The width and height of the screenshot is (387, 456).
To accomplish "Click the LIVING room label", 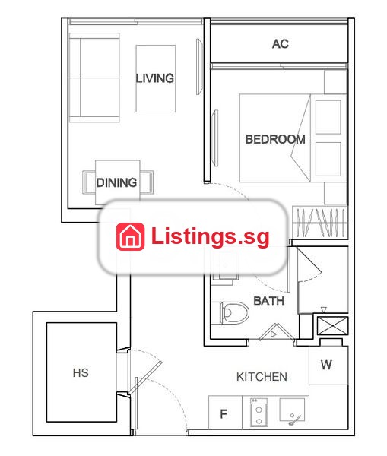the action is pyautogui.click(x=155, y=78).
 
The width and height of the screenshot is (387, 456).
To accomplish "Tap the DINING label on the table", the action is pyautogui.click(x=116, y=182).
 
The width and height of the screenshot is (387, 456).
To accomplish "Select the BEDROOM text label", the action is pyautogui.click(x=275, y=139).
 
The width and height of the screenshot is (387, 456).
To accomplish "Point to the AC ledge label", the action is pyautogui.click(x=281, y=44).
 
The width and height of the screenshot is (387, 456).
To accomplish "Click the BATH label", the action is pyautogui.click(x=269, y=301).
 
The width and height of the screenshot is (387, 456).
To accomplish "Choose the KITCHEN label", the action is pyautogui.click(x=262, y=377).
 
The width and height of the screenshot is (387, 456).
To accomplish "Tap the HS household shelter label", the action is pyautogui.click(x=81, y=373).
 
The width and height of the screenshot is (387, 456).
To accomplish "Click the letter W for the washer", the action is pyautogui.click(x=326, y=365).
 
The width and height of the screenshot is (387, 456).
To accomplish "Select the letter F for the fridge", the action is pyautogui.click(x=224, y=414).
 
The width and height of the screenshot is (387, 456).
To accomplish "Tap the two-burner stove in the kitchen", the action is pyautogui.click(x=259, y=413).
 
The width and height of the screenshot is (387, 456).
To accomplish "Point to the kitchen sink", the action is pyautogui.click(x=292, y=410).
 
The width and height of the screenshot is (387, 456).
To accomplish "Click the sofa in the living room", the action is pyautogui.click(x=94, y=78).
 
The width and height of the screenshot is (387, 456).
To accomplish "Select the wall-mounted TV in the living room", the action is pyautogui.click(x=199, y=67).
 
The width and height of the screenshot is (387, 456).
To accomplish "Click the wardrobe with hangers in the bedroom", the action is pyautogui.click(x=320, y=223).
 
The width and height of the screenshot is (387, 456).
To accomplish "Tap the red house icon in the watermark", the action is pyautogui.click(x=130, y=236).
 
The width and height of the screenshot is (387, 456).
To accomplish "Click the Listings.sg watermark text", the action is pyautogui.click(x=210, y=236).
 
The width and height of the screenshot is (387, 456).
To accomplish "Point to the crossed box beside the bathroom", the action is pyautogui.click(x=332, y=326).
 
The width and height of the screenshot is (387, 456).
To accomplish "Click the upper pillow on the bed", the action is pyautogui.click(x=328, y=117).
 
